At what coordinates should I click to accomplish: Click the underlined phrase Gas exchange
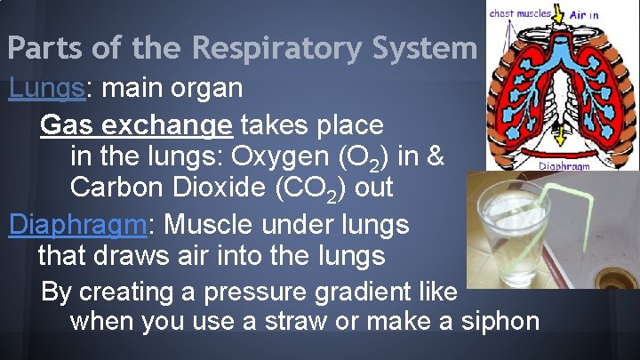[x=135, y=124]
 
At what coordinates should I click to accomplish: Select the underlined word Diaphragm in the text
[x=76, y=224]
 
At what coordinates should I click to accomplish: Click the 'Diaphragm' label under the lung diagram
[x=564, y=165]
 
